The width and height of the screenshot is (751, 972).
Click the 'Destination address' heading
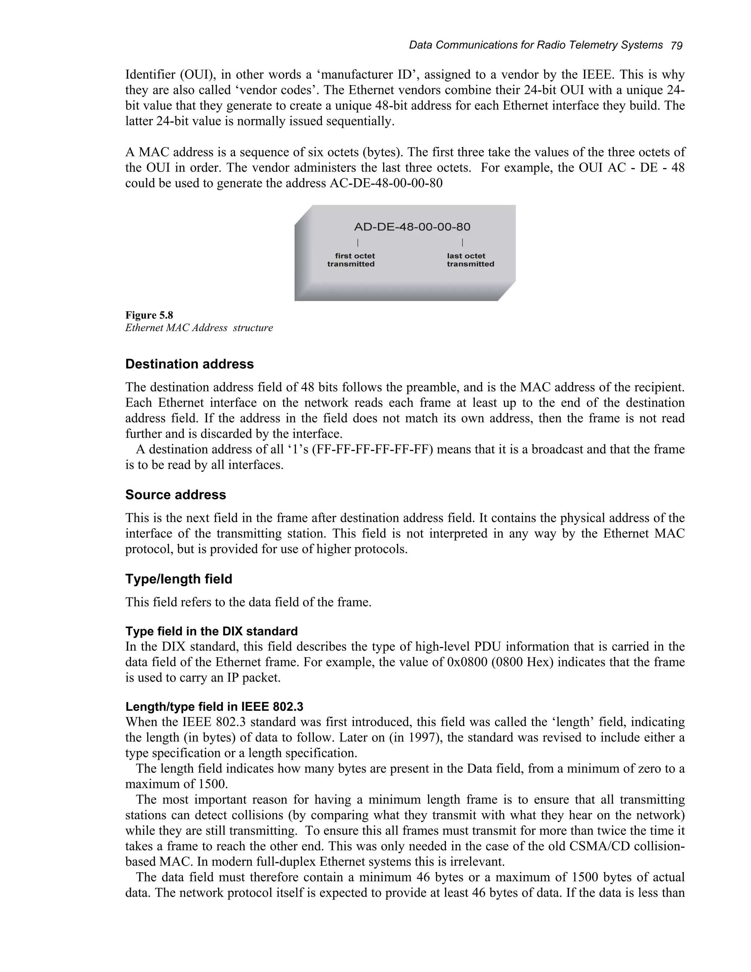point(190,364)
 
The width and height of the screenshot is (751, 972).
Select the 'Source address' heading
point(175,495)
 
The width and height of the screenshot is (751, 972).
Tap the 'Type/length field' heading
point(179,579)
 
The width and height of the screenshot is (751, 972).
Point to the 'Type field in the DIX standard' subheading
point(211,631)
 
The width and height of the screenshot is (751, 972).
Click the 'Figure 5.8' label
point(149,315)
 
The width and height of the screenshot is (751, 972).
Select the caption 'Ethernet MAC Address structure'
point(199,328)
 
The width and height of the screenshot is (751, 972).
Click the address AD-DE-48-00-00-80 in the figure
point(412,227)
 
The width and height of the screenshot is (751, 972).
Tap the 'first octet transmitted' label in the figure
point(351,260)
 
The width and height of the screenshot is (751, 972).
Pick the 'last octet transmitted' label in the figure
point(470,260)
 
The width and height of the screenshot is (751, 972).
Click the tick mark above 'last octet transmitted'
point(462,242)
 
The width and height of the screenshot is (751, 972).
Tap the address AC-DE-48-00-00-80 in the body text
point(386,183)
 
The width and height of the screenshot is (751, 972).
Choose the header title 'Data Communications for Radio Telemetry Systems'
point(536,45)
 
